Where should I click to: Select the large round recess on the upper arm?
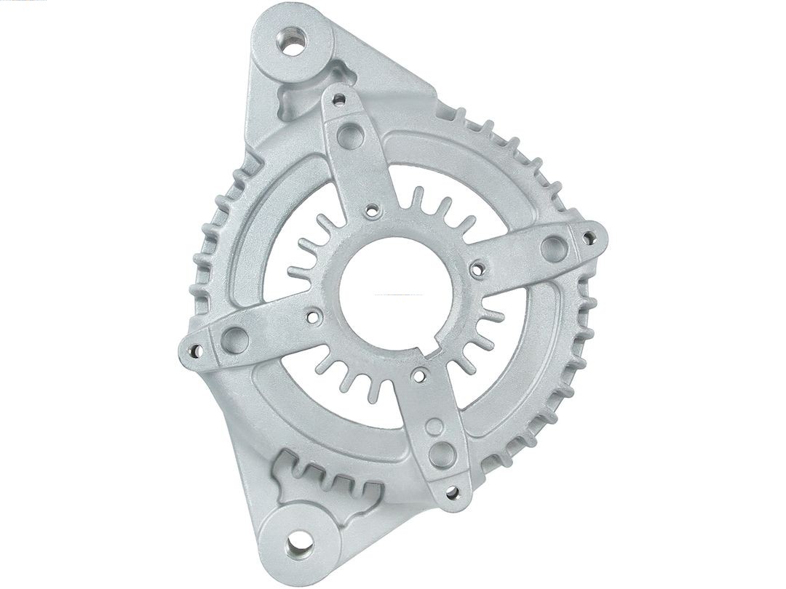pyautogui.click(x=349, y=136)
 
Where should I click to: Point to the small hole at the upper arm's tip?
pyautogui.click(x=338, y=97)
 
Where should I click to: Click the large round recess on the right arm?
pyautogui.click(x=555, y=247)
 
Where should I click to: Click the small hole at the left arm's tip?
pyautogui.click(x=194, y=350)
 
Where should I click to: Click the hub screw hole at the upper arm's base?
pyautogui.click(x=373, y=210)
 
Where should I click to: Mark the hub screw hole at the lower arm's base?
pyautogui.click(x=419, y=375)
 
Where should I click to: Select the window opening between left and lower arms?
pyautogui.click(x=342, y=407)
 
